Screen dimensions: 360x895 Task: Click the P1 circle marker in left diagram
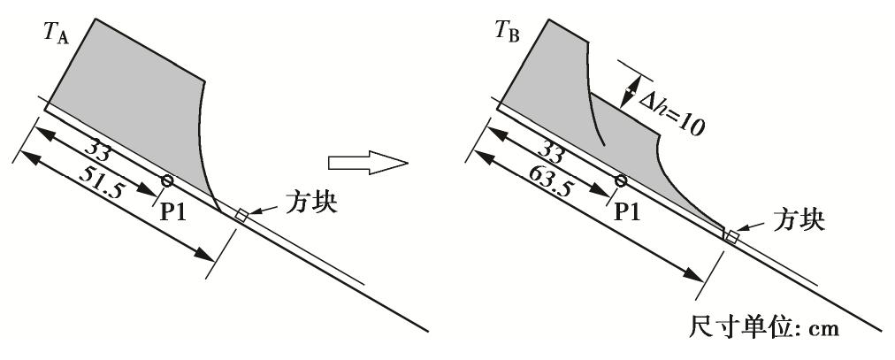167,180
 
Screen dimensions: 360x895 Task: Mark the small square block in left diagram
241,215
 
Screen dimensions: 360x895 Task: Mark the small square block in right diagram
731,235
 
